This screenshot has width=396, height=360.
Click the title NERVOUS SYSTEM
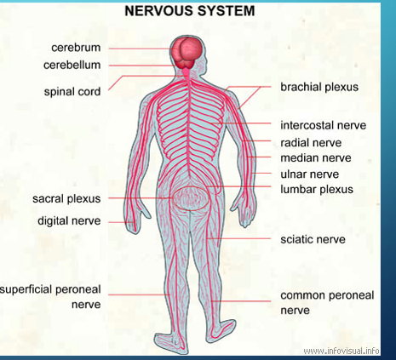point(190,11)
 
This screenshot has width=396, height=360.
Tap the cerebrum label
point(76,48)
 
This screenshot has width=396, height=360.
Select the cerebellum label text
point(72,65)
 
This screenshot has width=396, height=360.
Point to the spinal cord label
point(72,92)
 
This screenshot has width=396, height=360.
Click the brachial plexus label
point(319,87)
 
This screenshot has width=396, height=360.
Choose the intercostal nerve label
point(324,125)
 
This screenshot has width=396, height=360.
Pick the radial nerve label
point(311,142)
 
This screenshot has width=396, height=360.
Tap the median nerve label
point(316,157)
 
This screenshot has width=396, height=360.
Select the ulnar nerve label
point(310,174)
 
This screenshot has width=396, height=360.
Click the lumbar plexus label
point(317,189)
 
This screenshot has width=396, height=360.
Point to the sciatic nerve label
point(313,239)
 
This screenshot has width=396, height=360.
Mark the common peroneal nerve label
point(327,303)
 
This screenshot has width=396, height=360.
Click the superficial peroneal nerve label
point(50,297)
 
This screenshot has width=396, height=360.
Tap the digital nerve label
point(69,220)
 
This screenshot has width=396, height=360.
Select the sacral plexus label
point(66,198)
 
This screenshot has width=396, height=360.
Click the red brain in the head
point(188,54)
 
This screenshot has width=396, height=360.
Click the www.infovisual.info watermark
point(341,351)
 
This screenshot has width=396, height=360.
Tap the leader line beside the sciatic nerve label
point(238,239)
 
